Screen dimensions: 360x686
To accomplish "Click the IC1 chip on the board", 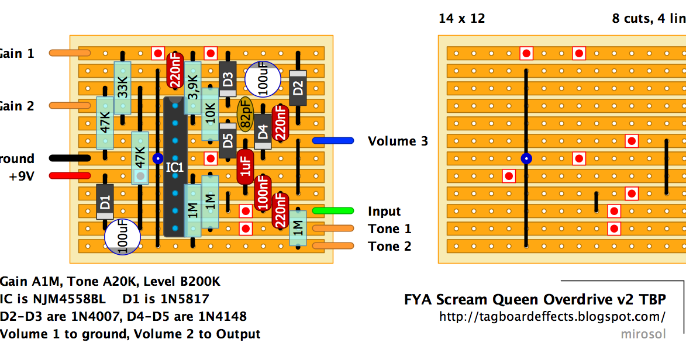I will (175, 167).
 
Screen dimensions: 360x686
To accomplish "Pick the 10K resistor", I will (210, 115).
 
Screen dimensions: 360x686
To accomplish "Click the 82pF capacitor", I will (245, 115).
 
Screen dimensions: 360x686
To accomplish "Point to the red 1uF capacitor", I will (245, 167).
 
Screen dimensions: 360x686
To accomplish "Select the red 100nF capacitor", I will (263, 193).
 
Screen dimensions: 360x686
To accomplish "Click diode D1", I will (105, 202).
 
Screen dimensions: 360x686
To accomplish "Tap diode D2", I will (298, 88).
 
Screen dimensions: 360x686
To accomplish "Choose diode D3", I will (227, 79).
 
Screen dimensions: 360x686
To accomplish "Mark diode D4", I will (263, 132).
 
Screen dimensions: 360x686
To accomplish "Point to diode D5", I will (227, 141).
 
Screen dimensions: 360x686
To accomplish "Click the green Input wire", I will (333, 211).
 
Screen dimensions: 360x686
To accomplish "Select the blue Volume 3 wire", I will (333, 141).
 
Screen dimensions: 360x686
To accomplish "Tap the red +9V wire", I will (70, 176).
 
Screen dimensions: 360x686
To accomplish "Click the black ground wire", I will (70, 158).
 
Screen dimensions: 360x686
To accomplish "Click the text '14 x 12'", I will (461, 19).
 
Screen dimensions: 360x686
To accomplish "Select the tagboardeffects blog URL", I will (552, 317).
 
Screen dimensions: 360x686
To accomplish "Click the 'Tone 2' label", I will (389, 247).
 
